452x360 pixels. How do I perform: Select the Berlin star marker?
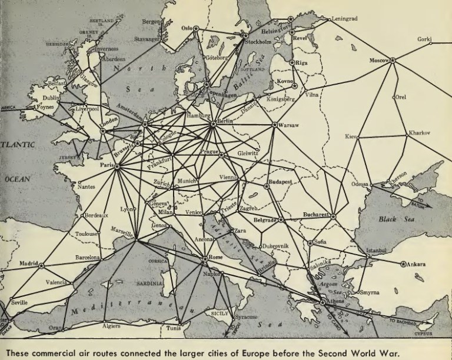(213, 124)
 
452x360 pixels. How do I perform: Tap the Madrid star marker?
(41, 265)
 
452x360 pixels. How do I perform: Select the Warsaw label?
(288, 126)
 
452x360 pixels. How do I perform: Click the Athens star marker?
(323, 302)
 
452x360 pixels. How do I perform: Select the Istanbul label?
(375, 250)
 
